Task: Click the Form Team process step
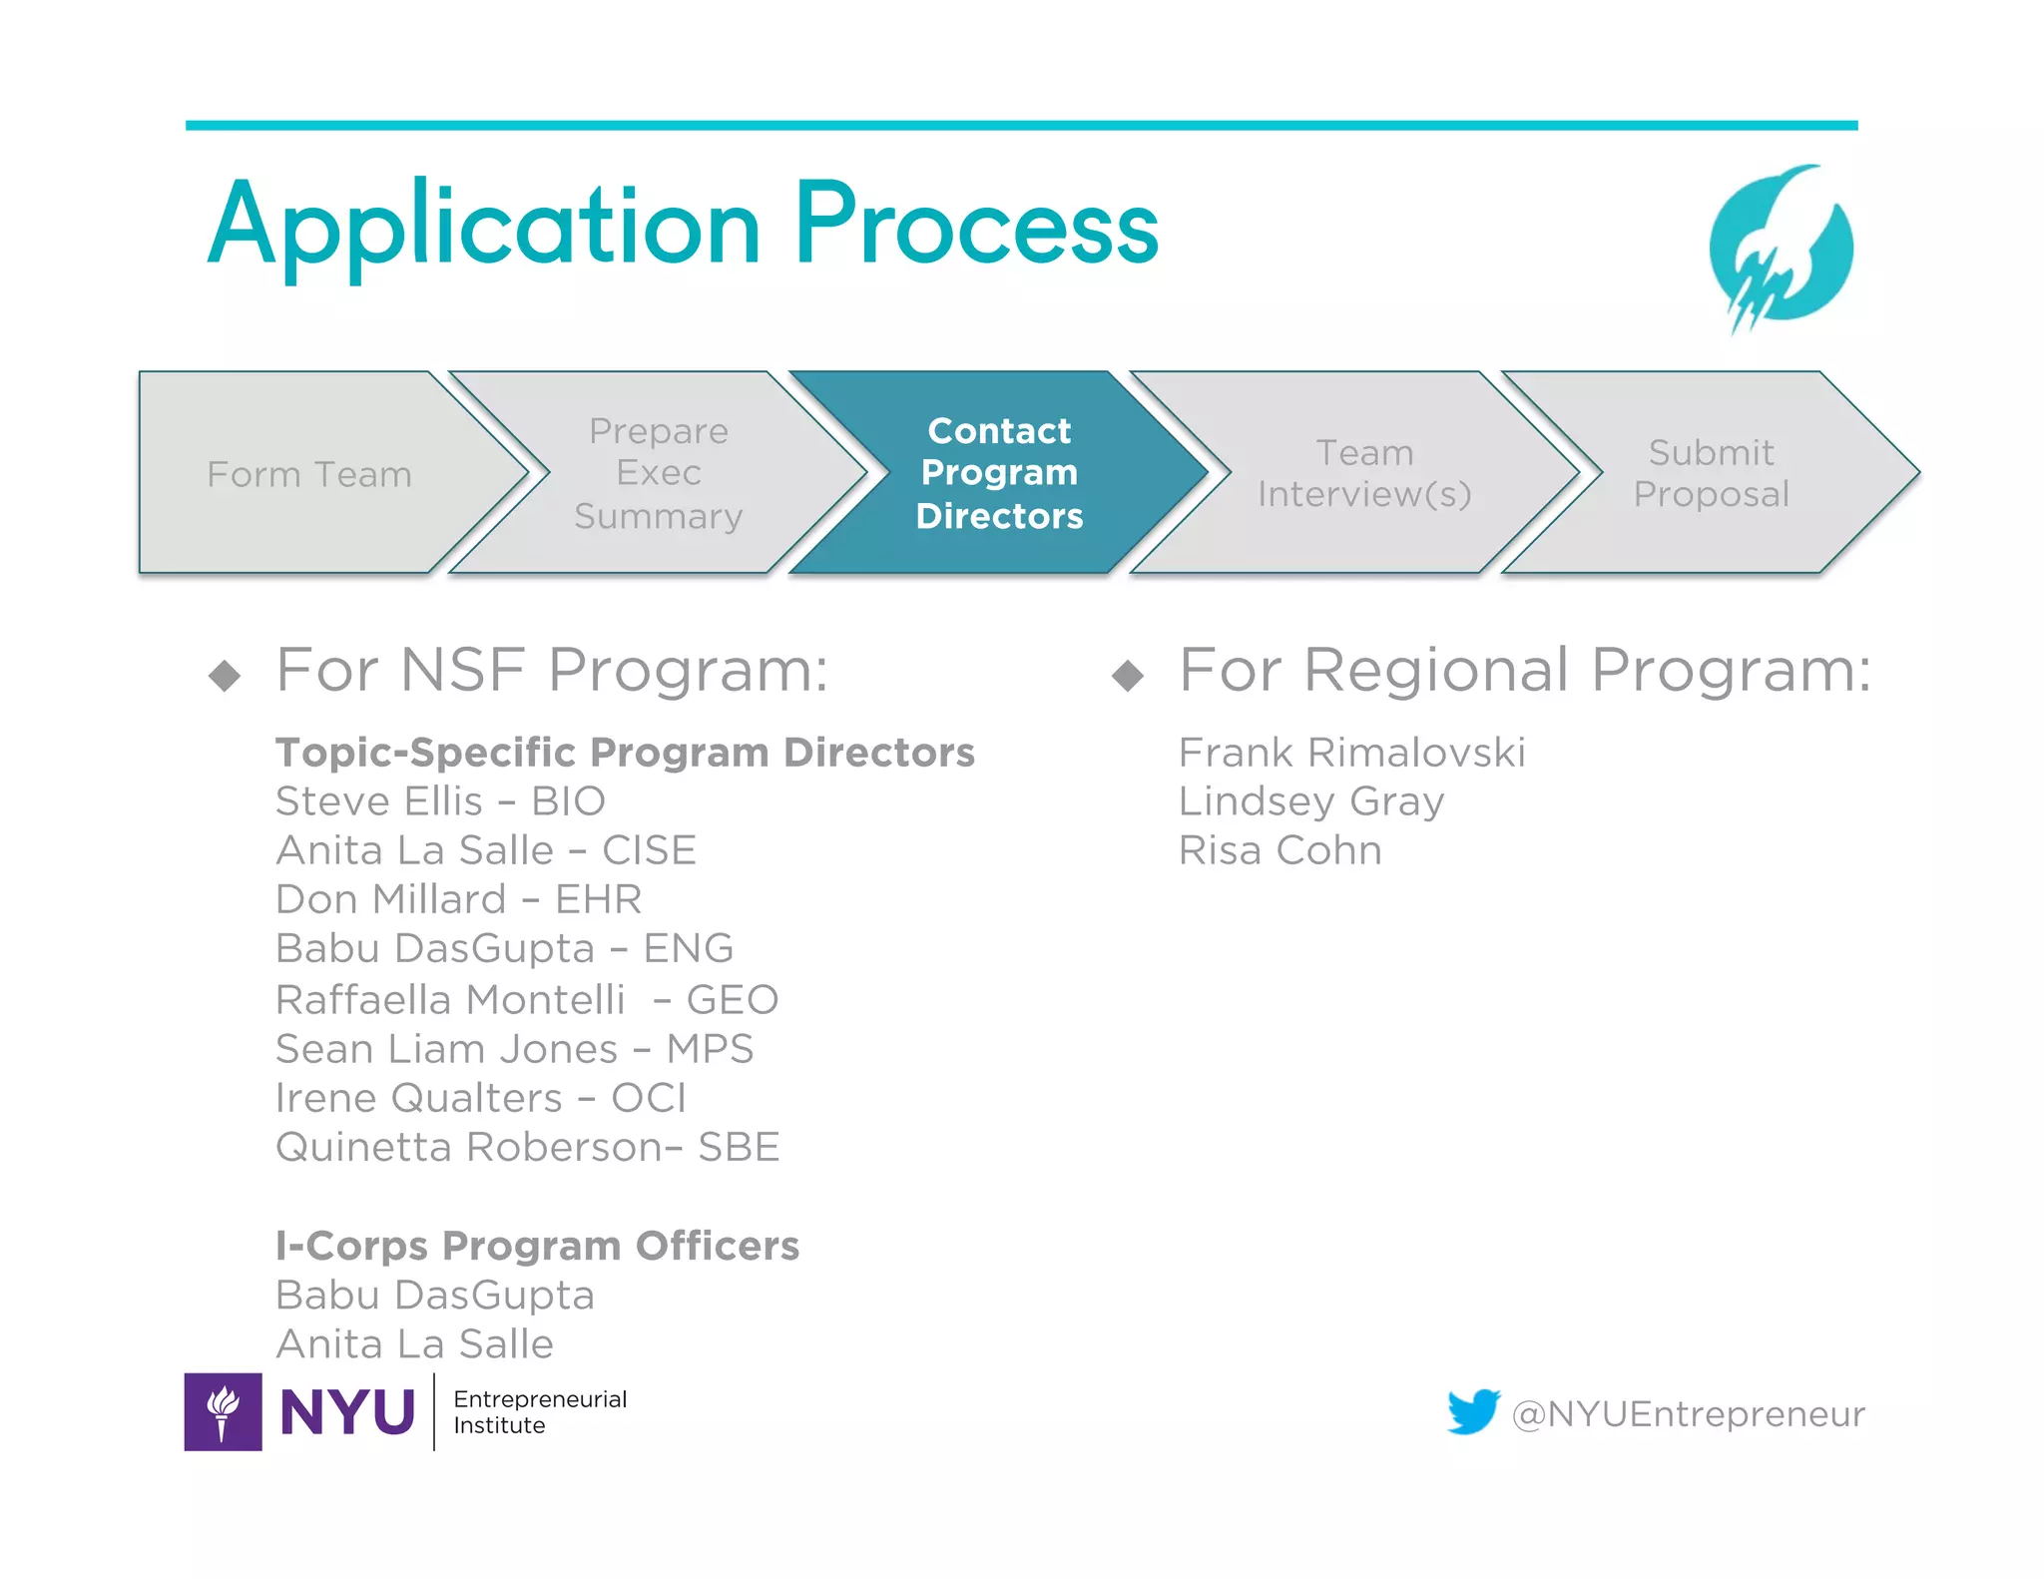tap(309, 474)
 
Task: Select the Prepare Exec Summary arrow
tap(659, 473)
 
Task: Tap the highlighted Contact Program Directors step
tap(999, 473)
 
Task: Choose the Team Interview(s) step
tap(1364, 473)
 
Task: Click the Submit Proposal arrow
tap(1711, 473)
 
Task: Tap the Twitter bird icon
tap(1473, 1411)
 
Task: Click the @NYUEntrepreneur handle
tap(1688, 1414)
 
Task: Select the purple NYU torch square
tap(224, 1411)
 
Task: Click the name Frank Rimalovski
tap(1351, 753)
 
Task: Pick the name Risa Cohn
tap(1279, 850)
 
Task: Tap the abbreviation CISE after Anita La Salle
tap(649, 850)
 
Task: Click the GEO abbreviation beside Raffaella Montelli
tap(732, 999)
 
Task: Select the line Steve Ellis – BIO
tap(440, 801)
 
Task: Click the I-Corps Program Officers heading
tap(537, 1246)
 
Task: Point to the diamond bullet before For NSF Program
tap(226, 676)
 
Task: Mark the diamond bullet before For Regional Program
tap(1128, 676)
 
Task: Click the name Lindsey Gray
tap(1310, 801)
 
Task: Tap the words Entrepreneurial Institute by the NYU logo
tap(540, 1411)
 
